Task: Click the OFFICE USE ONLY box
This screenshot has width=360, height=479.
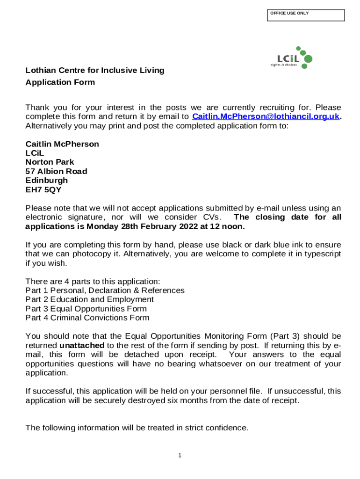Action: pos(306,15)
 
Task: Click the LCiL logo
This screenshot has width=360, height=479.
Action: pos(292,58)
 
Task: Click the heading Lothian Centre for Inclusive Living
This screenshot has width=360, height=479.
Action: pos(95,71)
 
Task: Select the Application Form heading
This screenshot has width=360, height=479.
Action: pos(60,82)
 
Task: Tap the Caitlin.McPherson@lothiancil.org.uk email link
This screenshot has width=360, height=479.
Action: pos(266,116)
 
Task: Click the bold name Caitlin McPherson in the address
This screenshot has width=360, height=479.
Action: pos(62,144)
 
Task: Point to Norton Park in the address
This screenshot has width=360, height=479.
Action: pos(50,162)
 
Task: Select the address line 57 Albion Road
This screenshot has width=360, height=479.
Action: pos(56,171)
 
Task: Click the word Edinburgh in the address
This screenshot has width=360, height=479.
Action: pos(46,180)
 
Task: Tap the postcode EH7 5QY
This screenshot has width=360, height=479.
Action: pos(43,189)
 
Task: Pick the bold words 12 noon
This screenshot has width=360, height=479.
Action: pos(228,226)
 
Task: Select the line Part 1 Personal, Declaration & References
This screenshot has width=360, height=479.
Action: pos(105,290)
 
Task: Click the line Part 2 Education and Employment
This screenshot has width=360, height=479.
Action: pos(89,299)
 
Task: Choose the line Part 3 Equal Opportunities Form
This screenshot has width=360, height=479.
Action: pos(86,309)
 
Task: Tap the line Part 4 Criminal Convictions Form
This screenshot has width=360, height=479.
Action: pos(87,318)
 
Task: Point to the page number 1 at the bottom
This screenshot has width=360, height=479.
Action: pos(180,456)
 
